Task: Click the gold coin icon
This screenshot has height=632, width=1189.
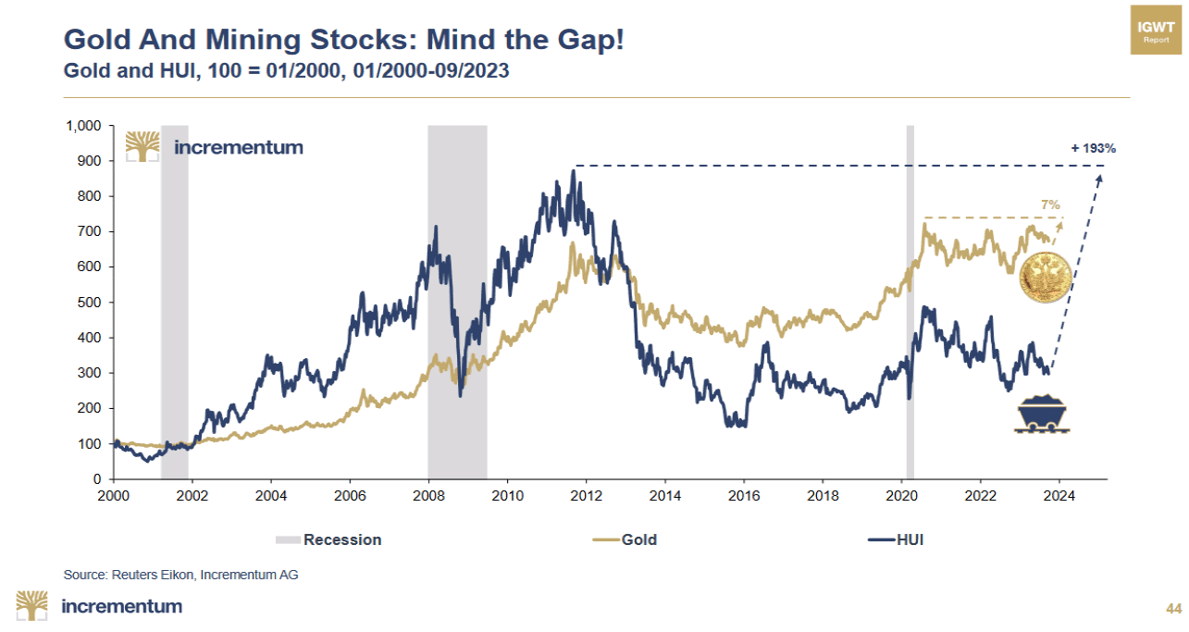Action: (x=1046, y=278)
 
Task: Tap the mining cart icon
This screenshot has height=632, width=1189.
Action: (x=1044, y=414)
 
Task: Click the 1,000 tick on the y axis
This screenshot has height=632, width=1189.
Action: (x=84, y=126)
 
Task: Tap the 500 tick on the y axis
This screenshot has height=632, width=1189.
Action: (x=93, y=303)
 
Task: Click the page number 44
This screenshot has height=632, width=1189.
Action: (x=1173, y=608)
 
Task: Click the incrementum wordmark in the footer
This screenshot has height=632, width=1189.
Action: (x=121, y=607)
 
